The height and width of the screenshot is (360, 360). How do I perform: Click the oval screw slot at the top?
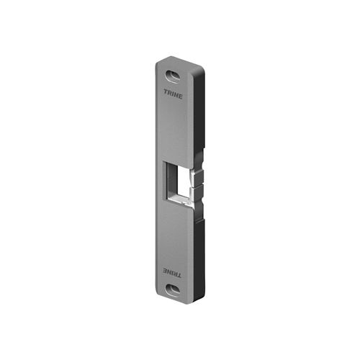click(172, 76)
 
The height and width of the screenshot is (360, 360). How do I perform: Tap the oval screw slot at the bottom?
click(173, 291)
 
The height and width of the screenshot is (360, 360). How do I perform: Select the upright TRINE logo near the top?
click(174, 94)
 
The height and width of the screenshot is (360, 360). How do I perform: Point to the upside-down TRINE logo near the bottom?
click(172, 273)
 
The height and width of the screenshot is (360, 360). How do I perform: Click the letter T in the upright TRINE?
click(166, 91)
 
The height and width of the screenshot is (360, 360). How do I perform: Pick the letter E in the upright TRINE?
click(181, 96)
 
